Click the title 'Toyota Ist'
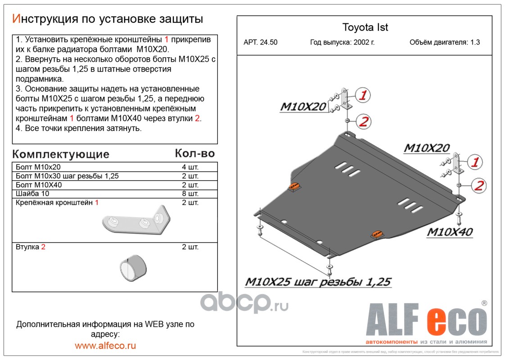(x=365, y=27)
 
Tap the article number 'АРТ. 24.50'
(x=260, y=43)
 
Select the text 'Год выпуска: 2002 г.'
(x=342, y=43)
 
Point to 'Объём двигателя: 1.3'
(x=444, y=43)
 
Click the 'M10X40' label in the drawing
(x=449, y=232)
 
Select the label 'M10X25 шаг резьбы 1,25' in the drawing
(x=318, y=282)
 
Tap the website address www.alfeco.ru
(x=105, y=346)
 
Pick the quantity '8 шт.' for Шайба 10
(x=190, y=194)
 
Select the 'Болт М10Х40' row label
(x=39, y=185)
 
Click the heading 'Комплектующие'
(x=61, y=154)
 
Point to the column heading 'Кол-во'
(x=194, y=153)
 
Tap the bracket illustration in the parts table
(x=137, y=221)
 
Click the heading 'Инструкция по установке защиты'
(x=107, y=19)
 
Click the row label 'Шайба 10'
(x=33, y=194)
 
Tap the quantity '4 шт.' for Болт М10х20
(x=190, y=167)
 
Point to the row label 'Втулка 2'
(x=31, y=247)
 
